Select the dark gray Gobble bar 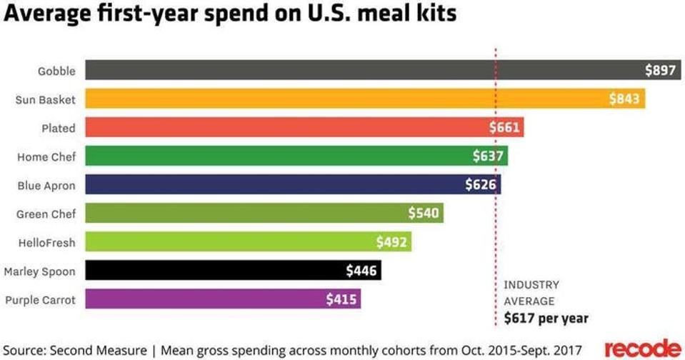pyautogui.click(x=357, y=70)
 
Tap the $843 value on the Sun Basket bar pyautogui.click(x=624, y=99)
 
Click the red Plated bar pyautogui.click(x=286, y=128)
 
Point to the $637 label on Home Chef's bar pyautogui.click(x=489, y=156)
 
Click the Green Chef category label pyautogui.click(x=46, y=214)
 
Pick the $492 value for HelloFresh pyautogui.click(x=391, y=242)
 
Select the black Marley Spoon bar pyautogui.click(x=214, y=270)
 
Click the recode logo pyautogui.click(x=642, y=348)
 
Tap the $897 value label pyautogui.click(x=659, y=70)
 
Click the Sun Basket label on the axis pyautogui.click(x=45, y=99)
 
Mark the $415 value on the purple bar pyautogui.click(x=341, y=299)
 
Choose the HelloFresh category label pyautogui.click(x=46, y=242)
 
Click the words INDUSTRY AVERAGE pyautogui.click(x=531, y=293)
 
